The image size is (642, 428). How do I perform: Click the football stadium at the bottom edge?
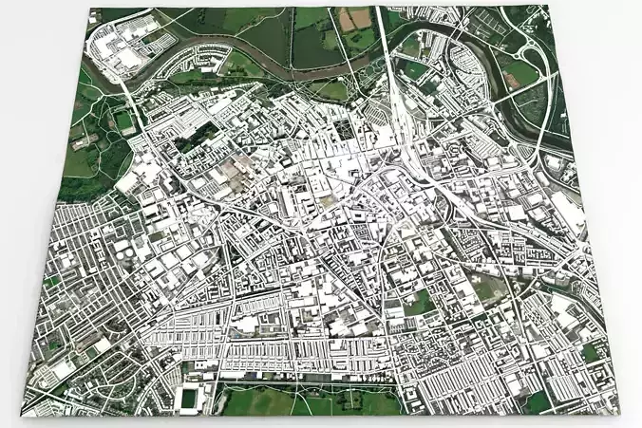click(x=189, y=396)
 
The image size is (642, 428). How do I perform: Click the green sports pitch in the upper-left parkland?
click(x=123, y=121)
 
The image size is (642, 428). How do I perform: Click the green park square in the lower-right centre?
click(x=419, y=304)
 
